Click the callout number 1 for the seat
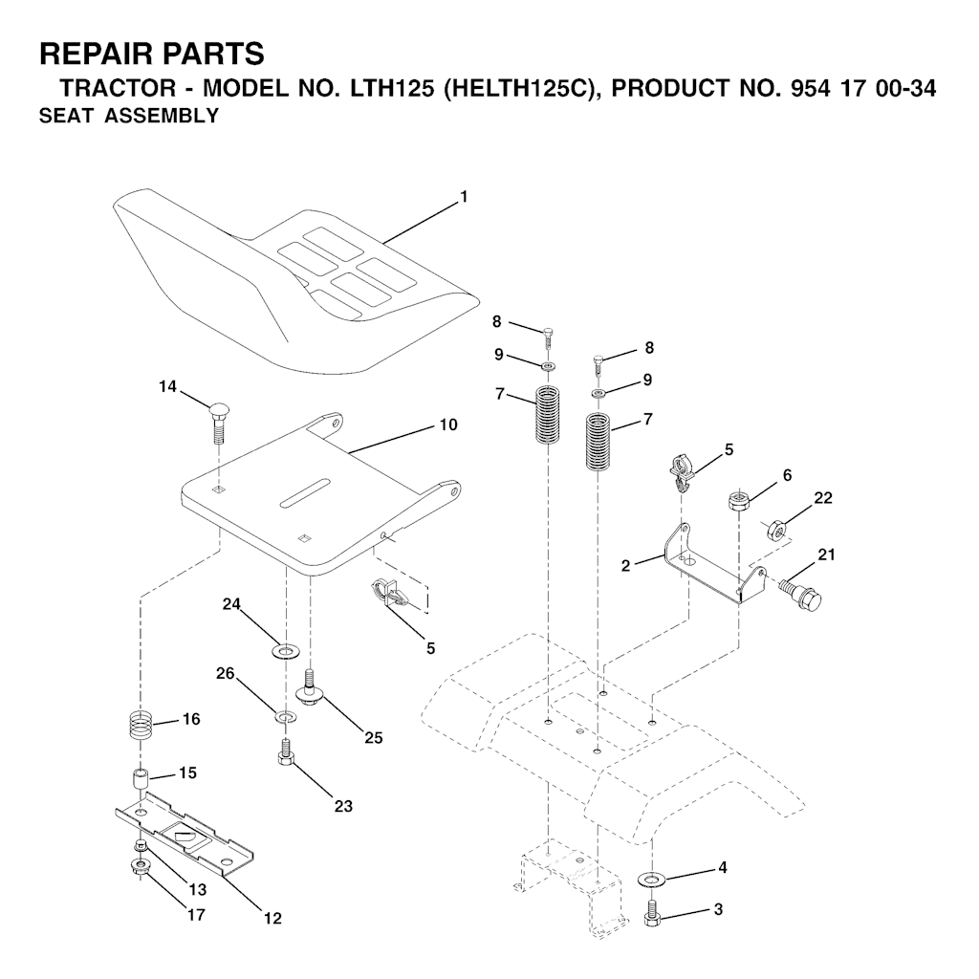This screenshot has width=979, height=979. [x=464, y=197]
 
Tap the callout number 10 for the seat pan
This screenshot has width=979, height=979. [x=448, y=424]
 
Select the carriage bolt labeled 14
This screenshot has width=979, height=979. [x=217, y=422]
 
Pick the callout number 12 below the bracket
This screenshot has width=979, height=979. [x=272, y=918]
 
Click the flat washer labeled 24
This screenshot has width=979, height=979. [x=285, y=653]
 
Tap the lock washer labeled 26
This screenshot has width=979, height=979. [x=285, y=716]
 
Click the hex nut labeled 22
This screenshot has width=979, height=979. [x=776, y=528]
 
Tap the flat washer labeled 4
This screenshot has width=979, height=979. [x=653, y=880]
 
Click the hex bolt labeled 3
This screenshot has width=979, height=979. [x=652, y=914]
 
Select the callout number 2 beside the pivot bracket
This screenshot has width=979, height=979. [x=625, y=566]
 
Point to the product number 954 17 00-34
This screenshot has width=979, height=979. [x=863, y=88]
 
